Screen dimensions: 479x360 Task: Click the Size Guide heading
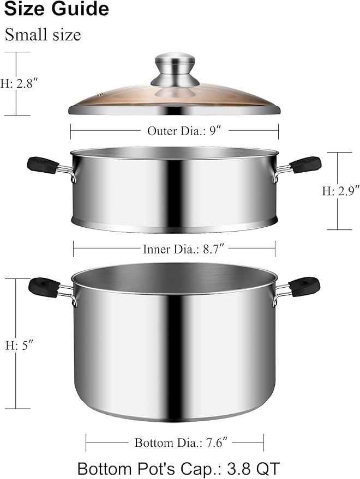56,9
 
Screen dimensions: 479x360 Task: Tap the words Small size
43,35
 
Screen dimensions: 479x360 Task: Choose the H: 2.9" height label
341,191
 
